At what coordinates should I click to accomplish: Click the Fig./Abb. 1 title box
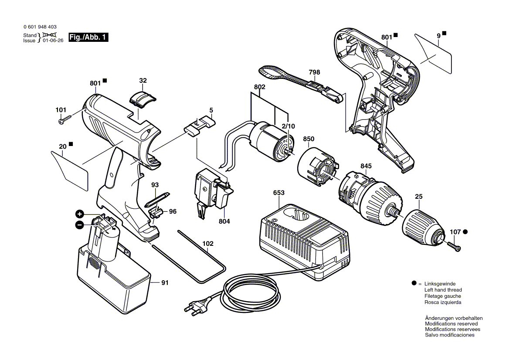(x=88, y=37)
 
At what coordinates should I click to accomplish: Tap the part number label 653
(x=279, y=193)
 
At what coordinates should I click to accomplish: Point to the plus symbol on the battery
(x=80, y=214)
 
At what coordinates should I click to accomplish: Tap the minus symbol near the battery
(x=80, y=225)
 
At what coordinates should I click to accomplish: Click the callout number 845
(x=366, y=166)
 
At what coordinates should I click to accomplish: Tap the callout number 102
(x=208, y=244)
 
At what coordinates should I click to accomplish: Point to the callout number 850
(x=309, y=139)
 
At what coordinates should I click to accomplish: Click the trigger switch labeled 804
(x=210, y=191)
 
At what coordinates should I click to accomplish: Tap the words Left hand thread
(x=443, y=290)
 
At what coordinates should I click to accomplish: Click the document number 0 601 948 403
(x=40, y=27)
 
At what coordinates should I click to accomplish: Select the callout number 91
(x=164, y=283)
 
